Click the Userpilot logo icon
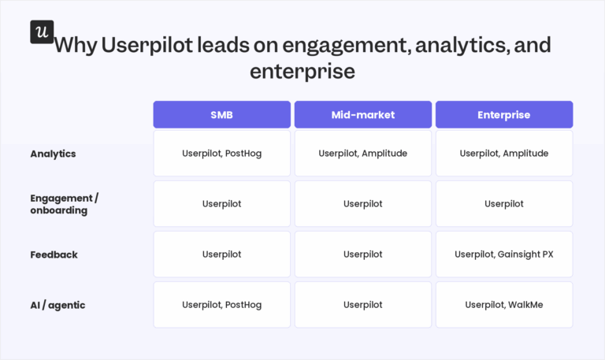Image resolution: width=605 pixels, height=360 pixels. [42, 32]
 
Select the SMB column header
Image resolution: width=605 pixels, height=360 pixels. [222, 114]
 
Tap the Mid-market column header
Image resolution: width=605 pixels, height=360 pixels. [363, 114]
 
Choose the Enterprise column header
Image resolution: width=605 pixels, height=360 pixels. [504, 114]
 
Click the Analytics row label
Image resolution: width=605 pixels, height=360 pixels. [53, 154]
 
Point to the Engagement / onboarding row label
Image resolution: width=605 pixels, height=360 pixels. [64, 204]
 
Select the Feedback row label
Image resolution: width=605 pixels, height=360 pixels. [54, 254]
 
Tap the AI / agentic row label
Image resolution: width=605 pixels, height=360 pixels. [58, 305]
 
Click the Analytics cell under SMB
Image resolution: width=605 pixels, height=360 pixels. [222, 153]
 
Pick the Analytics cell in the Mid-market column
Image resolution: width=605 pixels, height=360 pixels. [363, 153]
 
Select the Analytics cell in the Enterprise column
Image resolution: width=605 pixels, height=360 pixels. [504, 153]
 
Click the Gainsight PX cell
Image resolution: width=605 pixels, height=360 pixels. [504, 254]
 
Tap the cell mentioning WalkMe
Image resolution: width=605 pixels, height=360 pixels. [504, 305]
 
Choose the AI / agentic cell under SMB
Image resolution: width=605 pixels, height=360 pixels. [222, 305]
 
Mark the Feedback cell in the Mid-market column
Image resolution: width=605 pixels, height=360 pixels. [363, 254]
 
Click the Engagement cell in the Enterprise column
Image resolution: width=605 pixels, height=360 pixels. [504, 204]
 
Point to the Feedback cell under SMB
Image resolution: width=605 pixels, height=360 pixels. [222, 254]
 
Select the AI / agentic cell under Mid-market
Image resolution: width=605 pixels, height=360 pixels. [363, 305]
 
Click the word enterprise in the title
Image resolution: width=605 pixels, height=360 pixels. [302, 72]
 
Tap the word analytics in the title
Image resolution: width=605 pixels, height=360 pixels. [462, 46]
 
